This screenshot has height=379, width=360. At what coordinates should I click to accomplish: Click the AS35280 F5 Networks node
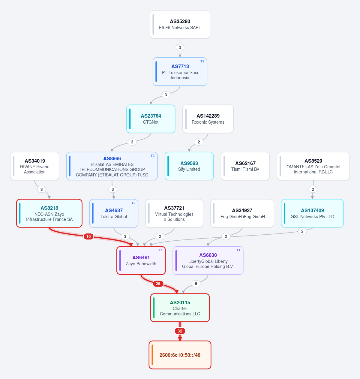tap(180, 24)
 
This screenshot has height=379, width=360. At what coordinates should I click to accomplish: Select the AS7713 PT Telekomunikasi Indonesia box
tap(180, 71)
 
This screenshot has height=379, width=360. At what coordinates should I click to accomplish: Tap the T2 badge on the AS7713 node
tap(202, 61)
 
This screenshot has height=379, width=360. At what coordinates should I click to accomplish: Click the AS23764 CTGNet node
tap(151, 119)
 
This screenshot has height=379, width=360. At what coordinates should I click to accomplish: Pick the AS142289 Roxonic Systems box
tap(208, 119)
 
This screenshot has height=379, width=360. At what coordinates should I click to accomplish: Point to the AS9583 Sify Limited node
tap(189, 166)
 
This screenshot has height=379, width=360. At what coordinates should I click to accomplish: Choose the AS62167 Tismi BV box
tap(245, 166)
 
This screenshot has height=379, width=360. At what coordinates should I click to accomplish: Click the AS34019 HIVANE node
tap(35, 166)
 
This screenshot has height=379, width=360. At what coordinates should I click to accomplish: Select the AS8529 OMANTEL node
tap(313, 166)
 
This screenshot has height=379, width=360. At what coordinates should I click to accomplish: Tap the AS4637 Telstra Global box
tap(114, 213)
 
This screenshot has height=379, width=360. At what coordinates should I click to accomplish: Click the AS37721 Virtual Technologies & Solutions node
tap(174, 213)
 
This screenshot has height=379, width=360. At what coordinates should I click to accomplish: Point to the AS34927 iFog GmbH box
tap(242, 213)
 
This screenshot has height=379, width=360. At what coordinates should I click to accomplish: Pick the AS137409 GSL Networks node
tap(312, 213)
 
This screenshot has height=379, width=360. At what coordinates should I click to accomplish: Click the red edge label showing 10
tap(88, 236)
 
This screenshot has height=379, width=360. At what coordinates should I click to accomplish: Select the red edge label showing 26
tap(158, 284)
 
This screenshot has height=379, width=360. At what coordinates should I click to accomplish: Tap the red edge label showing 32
tap(180, 331)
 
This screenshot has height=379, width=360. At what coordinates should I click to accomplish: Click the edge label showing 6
tap(196, 284)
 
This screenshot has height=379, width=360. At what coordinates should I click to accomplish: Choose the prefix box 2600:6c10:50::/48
tap(180, 355)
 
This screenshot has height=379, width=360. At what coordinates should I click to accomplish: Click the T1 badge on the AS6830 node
tap(238, 250)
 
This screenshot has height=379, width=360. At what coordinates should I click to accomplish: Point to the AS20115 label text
tap(180, 302)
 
